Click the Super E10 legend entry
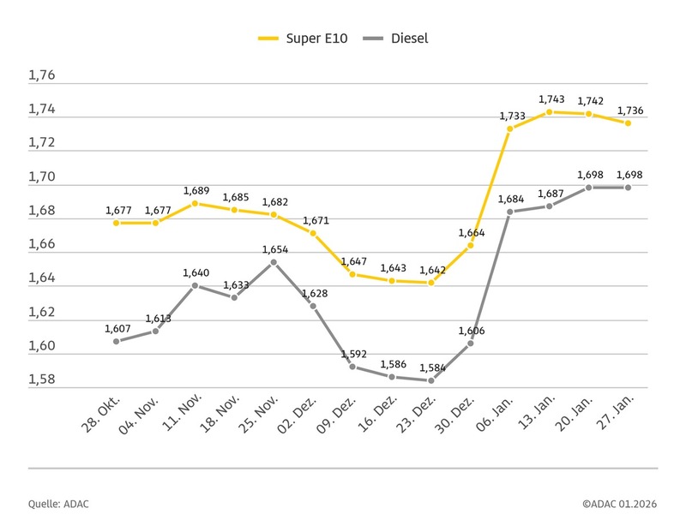click(x=300, y=39)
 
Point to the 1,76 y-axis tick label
click(x=41, y=75)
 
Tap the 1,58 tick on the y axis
click(x=41, y=380)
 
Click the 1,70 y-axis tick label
click(x=41, y=177)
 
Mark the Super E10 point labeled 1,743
click(x=550, y=111)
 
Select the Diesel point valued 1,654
click(x=274, y=262)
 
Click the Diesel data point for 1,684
click(x=510, y=212)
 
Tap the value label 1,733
click(x=511, y=117)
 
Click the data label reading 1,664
click(x=472, y=233)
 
